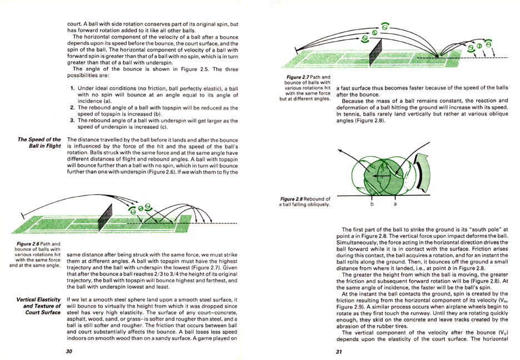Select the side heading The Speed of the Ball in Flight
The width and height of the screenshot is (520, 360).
(x=38, y=143)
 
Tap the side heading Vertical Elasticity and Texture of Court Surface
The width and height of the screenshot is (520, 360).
(x=38, y=305)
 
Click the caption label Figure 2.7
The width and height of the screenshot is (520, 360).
(x=301, y=77)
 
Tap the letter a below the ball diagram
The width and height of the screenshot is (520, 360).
(x=395, y=204)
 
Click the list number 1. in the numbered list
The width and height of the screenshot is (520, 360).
(x=73, y=88)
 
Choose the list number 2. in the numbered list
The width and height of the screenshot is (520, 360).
(x=73, y=107)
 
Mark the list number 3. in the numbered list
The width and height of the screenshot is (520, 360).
(x=73, y=121)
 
